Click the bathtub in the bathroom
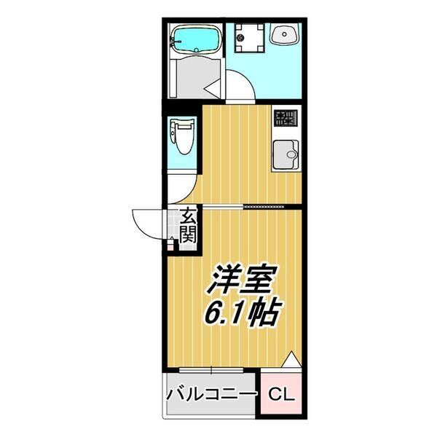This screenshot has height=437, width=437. (x=196, y=41)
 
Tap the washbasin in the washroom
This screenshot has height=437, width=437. (x=285, y=34)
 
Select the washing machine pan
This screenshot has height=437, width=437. (x=249, y=38)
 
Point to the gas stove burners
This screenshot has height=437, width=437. (x=286, y=118)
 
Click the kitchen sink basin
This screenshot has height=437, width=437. (x=286, y=154)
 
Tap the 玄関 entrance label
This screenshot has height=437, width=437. (x=189, y=225)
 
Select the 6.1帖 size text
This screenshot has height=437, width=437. (x=242, y=312)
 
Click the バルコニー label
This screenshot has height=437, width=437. (x=211, y=395)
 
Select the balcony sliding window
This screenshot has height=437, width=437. (x=211, y=370)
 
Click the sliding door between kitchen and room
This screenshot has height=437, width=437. (x=243, y=207)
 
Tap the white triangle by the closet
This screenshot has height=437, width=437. (x=291, y=360)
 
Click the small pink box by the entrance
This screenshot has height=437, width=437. (x=170, y=246)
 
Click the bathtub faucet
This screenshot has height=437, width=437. (x=176, y=42)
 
